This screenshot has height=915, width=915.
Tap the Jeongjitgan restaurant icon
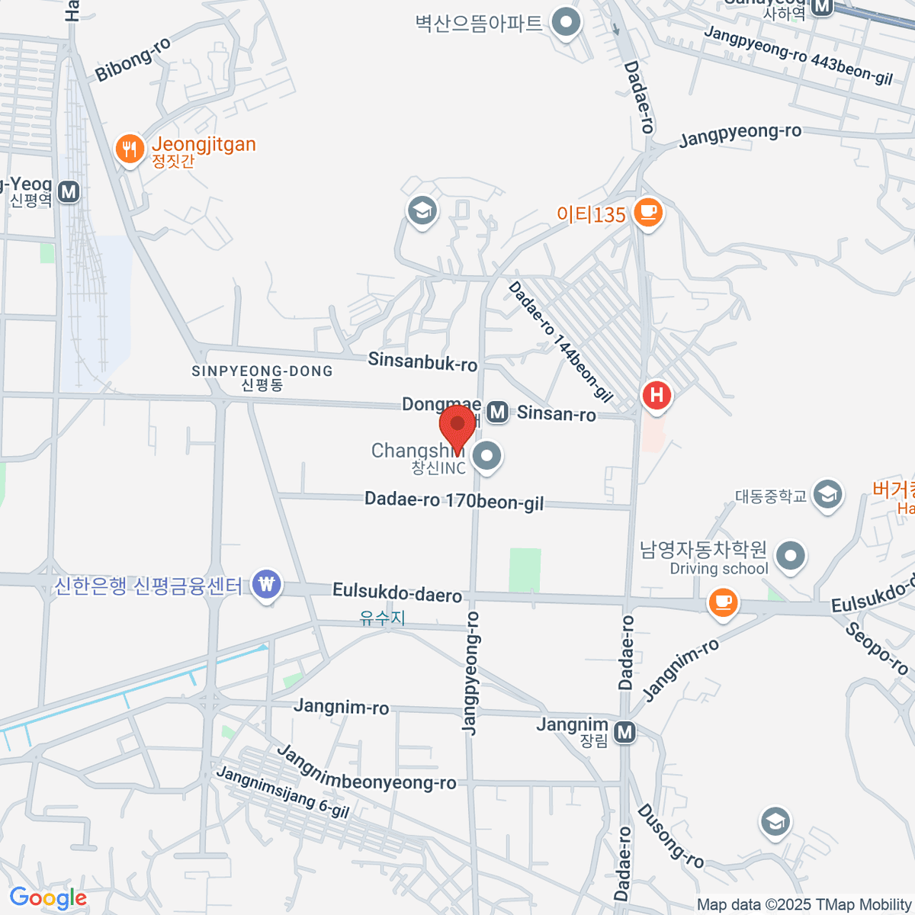pos(130,149)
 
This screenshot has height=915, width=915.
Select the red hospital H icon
pos(657,395)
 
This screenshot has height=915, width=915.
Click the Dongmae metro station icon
pos(498,413)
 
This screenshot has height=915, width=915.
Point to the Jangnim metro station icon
pos(625,733)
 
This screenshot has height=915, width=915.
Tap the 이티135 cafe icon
pos(648,213)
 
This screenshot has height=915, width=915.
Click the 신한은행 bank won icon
pos(266,586)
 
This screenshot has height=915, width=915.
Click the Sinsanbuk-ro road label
pos(422,361)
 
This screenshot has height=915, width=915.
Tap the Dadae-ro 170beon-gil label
pos(454,501)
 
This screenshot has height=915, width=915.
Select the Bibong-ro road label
pos(133,59)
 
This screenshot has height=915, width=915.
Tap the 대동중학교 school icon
pos(827,495)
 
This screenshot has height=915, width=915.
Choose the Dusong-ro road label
pos(670,836)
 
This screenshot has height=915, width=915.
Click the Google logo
pos(48,898)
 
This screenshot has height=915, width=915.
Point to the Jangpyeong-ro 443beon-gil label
pos(798,55)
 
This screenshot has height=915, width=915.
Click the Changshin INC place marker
pos(486,457)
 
